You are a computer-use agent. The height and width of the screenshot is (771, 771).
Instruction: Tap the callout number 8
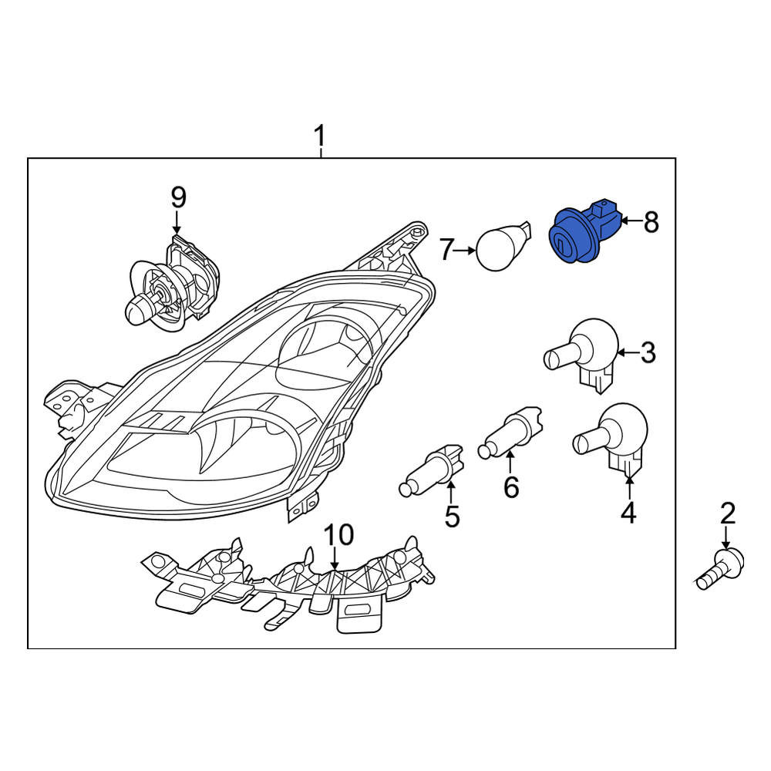click(651, 222)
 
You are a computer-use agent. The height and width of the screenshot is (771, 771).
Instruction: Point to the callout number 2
click(728, 513)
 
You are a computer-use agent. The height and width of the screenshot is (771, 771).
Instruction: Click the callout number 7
click(446, 250)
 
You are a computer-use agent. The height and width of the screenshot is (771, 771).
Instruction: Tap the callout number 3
click(648, 352)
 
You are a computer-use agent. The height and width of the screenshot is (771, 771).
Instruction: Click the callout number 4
click(629, 513)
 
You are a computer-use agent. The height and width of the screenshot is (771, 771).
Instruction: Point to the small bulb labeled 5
click(432, 475)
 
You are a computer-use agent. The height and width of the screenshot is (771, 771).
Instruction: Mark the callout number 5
click(452, 517)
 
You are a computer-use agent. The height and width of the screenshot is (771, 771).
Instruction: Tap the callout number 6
click(511, 487)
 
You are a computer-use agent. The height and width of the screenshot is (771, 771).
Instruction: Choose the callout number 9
click(179, 198)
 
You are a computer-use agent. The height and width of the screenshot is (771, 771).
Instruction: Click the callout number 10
click(338, 534)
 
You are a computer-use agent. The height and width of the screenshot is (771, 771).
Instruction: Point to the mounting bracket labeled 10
click(288, 584)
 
